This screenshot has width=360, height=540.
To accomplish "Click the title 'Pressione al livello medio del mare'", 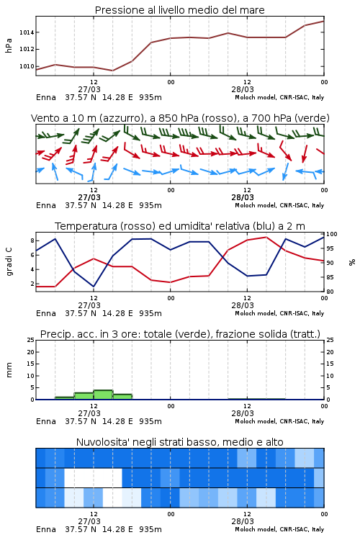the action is click(x=179, y=10).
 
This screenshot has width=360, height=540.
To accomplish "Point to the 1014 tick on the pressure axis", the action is click(x=27, y=32).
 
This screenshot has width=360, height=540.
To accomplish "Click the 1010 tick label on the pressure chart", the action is click(x=27, y=66).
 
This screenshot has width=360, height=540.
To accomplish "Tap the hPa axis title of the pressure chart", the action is click(x=9, y=45).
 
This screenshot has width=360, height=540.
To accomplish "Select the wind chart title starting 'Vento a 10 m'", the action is click(x=180, y=118).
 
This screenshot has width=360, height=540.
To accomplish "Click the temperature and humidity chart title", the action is click(x=180, y=226).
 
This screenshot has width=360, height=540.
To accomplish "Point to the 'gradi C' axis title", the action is click(x=9, y=261).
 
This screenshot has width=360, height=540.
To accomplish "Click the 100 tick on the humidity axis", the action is click(x=332, y=234).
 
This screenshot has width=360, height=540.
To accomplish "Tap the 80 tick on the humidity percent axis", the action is click(x=330, y=292).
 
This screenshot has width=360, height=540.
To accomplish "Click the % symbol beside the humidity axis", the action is click(x=352, y=262).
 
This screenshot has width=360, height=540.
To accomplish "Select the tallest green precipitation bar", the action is click(x=104, y=395).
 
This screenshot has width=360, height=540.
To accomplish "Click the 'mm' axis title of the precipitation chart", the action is click(x=9, y=370).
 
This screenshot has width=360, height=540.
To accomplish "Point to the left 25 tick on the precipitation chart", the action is click(x=31, y=340).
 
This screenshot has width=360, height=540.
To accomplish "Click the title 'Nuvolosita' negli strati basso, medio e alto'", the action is click(x=179, y=442).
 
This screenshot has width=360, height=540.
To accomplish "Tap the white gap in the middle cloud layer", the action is click(x=93, y=477).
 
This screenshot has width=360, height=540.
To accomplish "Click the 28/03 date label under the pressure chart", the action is click(x=243, y=89).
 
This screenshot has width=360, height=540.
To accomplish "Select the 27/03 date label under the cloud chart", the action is click(x=89, y=521).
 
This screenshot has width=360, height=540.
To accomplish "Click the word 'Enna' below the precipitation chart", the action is click(x=46, y=421).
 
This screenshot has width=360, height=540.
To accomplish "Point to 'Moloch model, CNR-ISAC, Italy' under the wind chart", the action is click(x=279, y=205).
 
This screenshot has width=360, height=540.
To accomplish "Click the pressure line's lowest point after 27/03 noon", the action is click(x=112, y=71).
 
